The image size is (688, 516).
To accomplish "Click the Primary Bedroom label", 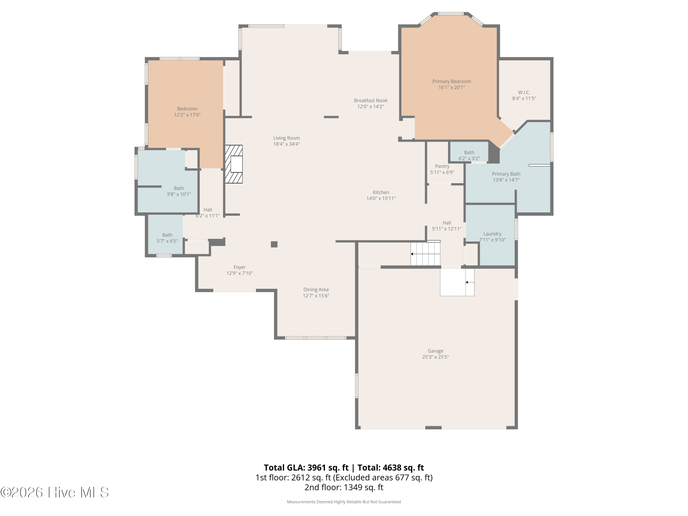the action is [x=452, y=81].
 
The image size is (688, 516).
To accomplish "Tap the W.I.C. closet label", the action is [x=524, y=92].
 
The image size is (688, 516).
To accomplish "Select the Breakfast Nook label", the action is [x=370, y=100].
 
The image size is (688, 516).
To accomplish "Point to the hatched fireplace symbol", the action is [x=234, y=164].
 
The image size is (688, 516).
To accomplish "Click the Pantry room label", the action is [x=442, y=166].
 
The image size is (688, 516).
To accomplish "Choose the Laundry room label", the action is [x=492, y=234].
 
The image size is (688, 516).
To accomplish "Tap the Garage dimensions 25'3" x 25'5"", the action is [x=436, y=357].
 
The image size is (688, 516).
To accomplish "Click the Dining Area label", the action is [x=316, y=290].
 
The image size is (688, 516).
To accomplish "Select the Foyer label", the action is [x=239, y=267].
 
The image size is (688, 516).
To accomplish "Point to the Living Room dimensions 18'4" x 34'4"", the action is [x=286, y=144].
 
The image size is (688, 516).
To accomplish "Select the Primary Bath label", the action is [x=506, y=174].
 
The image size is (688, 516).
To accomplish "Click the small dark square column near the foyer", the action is [x=274, y=244].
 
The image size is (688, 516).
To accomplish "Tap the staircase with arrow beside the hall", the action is [x=425, y=254].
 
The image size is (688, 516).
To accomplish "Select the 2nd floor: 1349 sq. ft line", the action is [x=344, y=487].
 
